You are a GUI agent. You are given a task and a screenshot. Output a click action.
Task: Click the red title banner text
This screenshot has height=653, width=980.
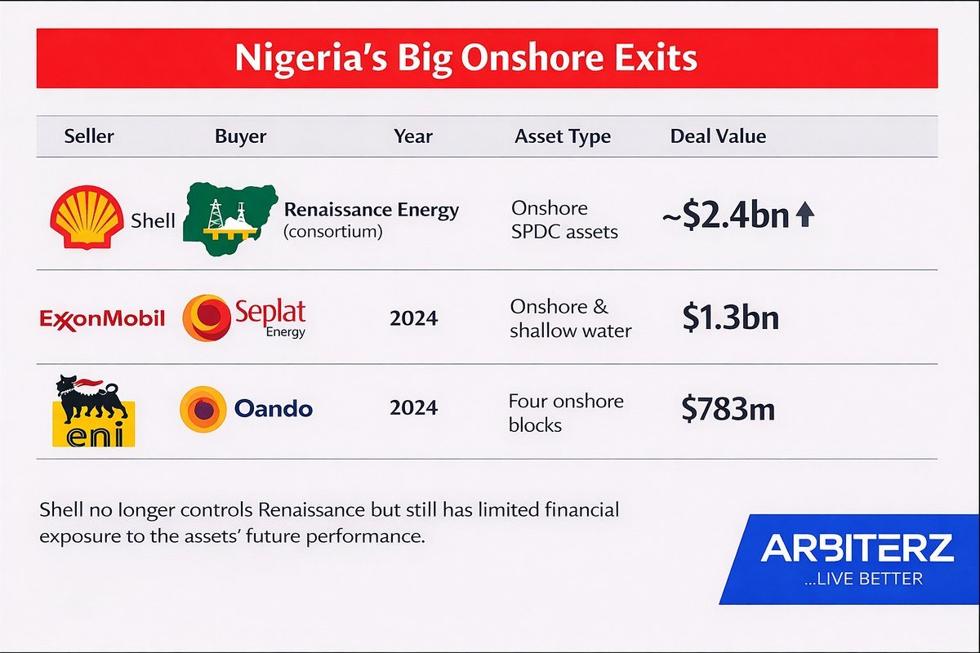pos(466,58)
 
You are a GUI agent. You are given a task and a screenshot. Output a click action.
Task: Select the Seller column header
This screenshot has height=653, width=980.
pos(89,136)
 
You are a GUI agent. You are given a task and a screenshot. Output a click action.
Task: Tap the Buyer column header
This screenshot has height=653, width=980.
pos(240,136)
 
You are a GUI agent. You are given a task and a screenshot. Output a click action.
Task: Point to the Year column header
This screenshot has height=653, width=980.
pos(413,136)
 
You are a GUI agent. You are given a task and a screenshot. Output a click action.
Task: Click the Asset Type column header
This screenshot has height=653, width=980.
pos(563,136)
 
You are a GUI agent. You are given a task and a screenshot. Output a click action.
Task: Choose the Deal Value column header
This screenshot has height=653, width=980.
pos(718,136)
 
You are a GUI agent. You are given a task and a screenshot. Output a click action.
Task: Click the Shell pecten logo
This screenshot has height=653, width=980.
pos(87,217)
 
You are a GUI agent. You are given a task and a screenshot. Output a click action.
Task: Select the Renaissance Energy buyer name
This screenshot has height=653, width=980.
pos(371,211)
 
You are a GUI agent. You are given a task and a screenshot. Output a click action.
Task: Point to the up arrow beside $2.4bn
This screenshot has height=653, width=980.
pos(804,216)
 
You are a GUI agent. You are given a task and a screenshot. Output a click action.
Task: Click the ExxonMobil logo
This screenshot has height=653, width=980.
pos(102,318)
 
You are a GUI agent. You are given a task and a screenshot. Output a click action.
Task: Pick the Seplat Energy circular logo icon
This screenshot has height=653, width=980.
pos(206,318)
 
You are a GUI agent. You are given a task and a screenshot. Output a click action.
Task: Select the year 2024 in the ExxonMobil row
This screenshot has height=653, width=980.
pos(413,318)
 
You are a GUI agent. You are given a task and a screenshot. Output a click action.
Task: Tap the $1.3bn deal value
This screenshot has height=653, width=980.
pos(730,318)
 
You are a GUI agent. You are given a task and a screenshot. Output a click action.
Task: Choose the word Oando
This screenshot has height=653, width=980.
pos(274,408)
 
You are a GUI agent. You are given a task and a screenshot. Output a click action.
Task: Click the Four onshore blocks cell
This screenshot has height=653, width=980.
pos(565,412)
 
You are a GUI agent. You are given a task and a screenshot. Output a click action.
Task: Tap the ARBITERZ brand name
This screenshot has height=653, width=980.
pos(857,549)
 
